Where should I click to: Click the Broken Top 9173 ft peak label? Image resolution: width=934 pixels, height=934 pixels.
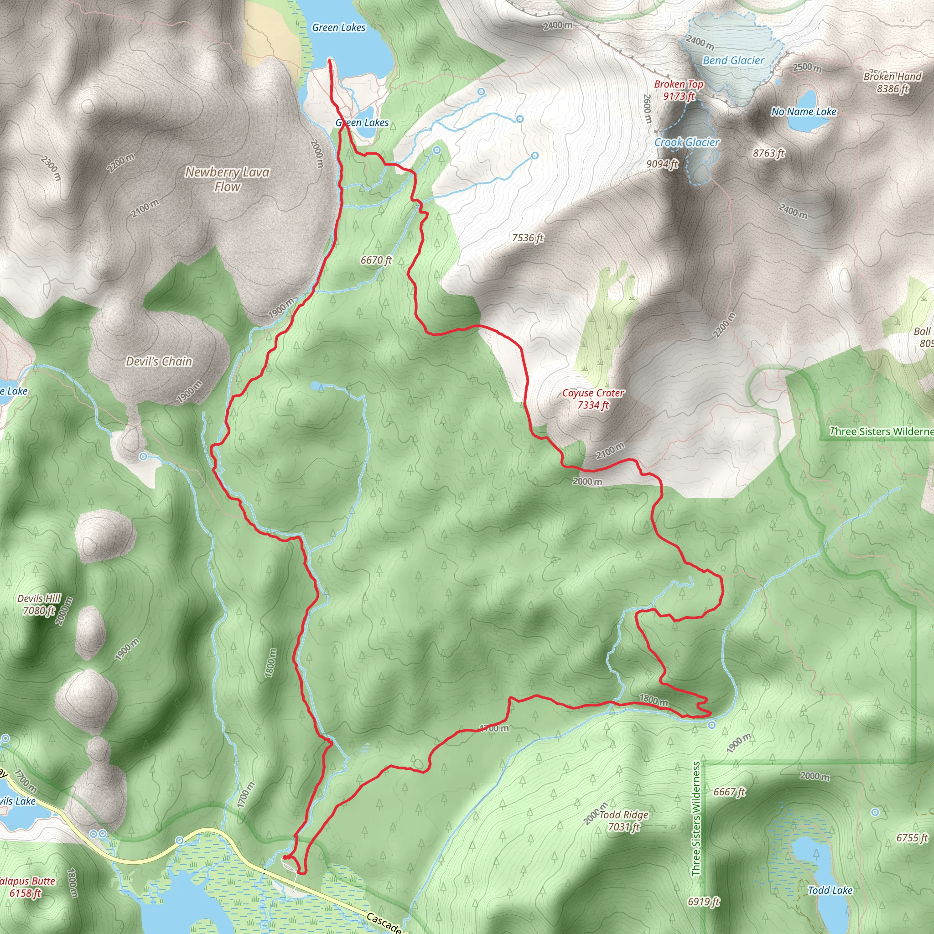click(678, 90)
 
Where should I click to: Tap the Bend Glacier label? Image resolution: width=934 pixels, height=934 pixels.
click(733, 61)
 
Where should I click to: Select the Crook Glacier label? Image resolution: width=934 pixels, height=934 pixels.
click(686, 142)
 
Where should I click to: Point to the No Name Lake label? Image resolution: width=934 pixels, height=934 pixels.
click(804, 112)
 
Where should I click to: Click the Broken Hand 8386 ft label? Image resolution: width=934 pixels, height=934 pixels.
click(892, 82)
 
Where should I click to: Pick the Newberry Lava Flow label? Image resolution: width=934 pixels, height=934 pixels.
click(227, 179)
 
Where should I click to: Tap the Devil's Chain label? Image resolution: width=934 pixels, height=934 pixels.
click(159, 361)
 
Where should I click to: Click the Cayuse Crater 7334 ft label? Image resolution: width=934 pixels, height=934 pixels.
click(593, 399)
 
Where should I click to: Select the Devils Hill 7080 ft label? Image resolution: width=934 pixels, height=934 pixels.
click(39, 604)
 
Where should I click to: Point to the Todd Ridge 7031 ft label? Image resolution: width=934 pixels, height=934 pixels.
click(623, 820)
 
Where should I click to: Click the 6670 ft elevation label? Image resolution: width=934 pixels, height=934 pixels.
click(376, 260)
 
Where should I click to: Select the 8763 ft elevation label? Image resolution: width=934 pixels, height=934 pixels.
click(768, 153)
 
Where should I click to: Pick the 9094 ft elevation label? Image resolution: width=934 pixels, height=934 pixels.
click(662, 164)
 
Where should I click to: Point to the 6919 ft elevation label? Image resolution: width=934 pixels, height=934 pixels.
click(703, 902)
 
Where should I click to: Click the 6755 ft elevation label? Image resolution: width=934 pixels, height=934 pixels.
click(912, 838)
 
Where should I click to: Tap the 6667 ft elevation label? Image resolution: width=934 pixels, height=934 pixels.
click(729, 792)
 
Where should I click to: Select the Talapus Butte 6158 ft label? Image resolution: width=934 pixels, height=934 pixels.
click(26, 887)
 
